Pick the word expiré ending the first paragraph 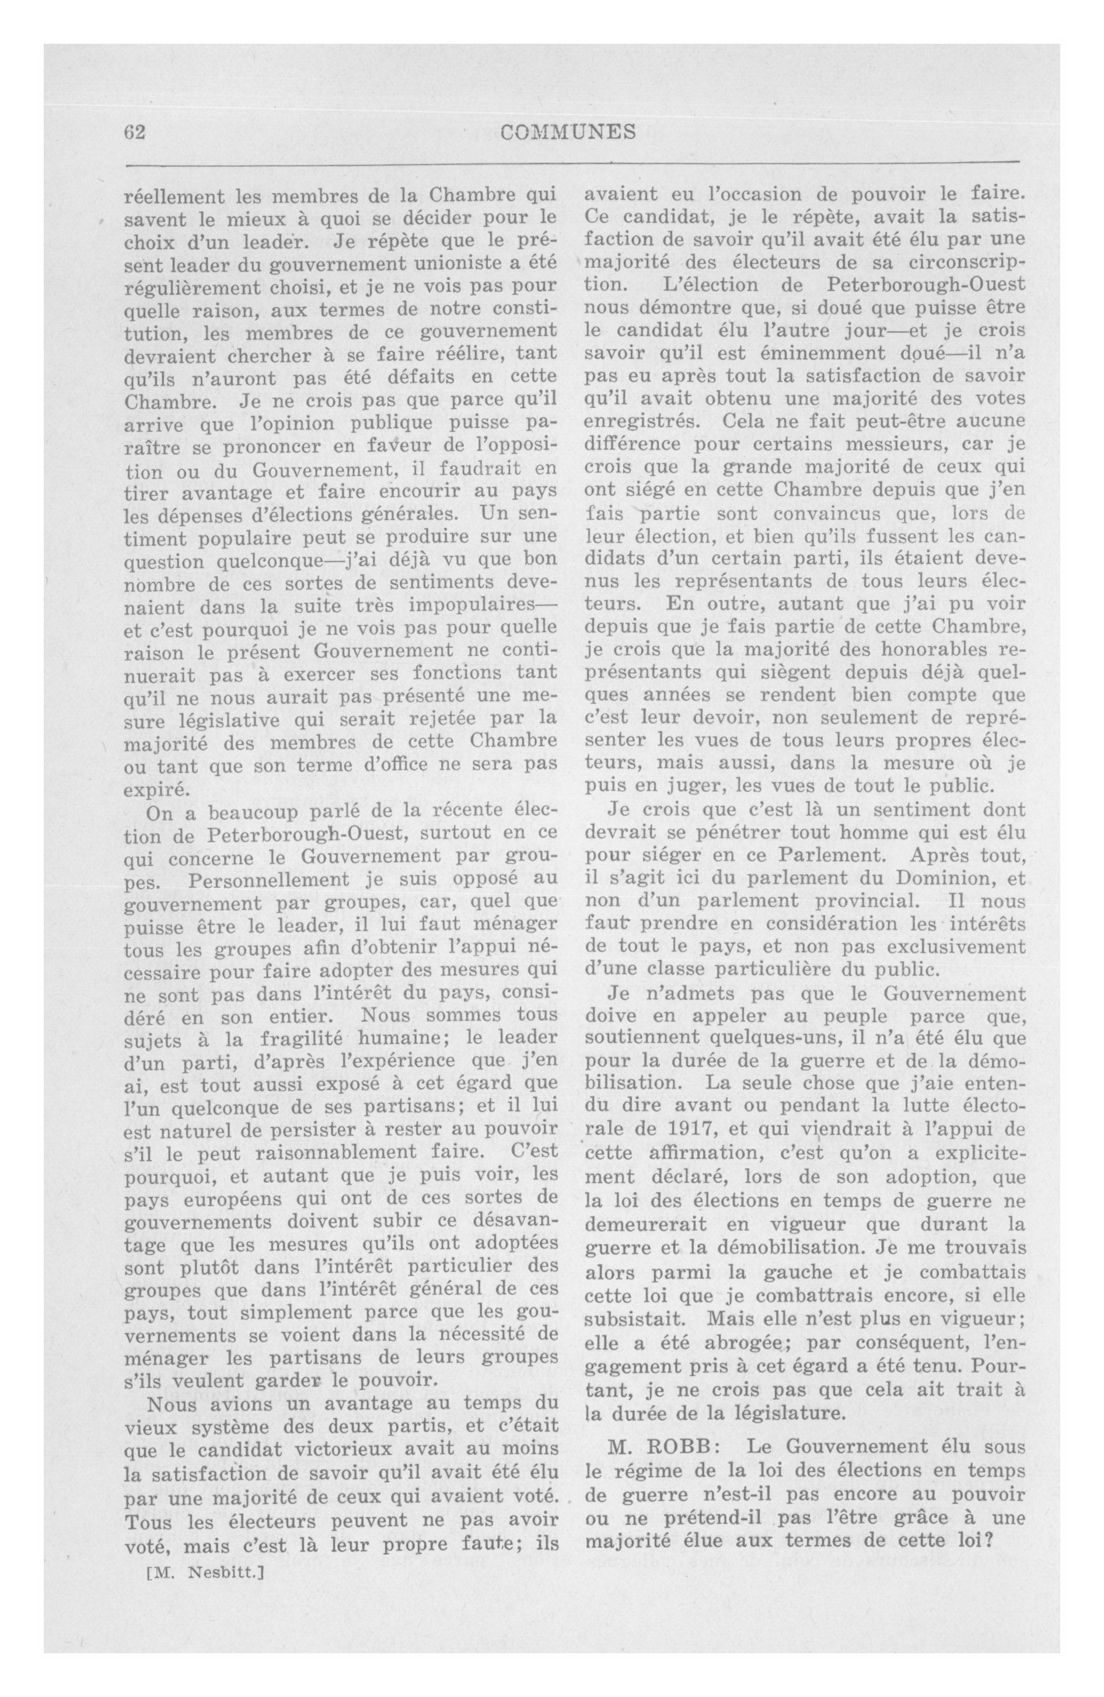tap(157, 790)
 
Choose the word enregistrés tap(639, 421)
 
